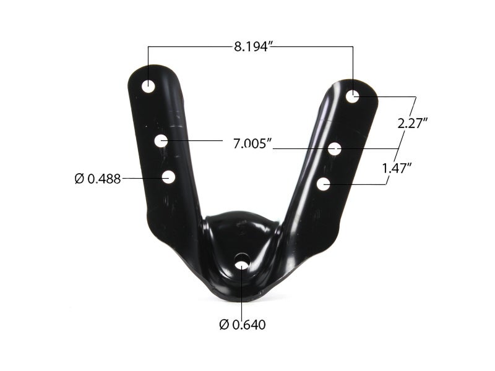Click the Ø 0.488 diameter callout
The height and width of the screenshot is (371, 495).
[97, 179]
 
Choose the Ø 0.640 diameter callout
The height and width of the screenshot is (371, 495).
[243, 324]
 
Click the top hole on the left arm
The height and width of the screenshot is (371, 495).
[148, 86]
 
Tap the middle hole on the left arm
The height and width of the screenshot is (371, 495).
[161, 141]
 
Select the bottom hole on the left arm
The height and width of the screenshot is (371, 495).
[168, 177]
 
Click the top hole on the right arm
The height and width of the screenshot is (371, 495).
[352, 96]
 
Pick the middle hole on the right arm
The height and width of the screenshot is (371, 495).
[335, 148]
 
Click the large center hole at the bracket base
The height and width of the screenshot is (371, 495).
[241, 264]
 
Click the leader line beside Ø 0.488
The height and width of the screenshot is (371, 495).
[141, 178]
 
